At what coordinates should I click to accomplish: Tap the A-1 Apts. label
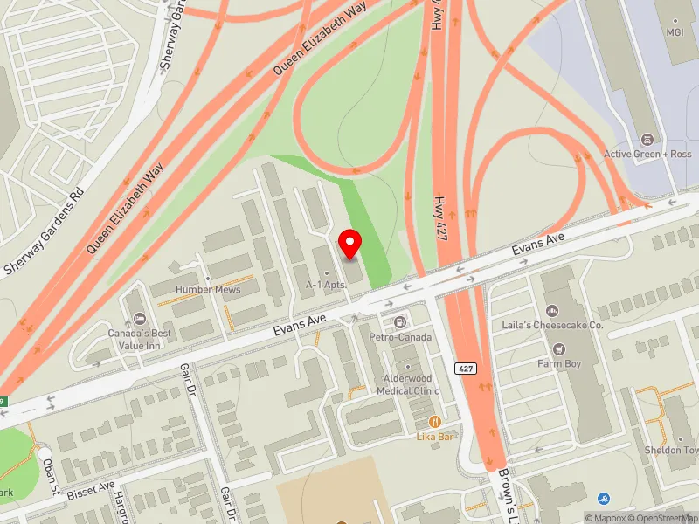coord(327,285)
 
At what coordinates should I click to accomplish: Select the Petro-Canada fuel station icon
coord(401,323)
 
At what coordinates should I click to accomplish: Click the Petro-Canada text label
coord(401,336)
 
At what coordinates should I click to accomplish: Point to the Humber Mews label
coord(208,289)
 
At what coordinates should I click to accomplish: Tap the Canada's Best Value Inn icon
coord(139,318)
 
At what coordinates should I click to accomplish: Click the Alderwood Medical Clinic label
coord(407,385)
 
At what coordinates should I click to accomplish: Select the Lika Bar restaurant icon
coord(436,421)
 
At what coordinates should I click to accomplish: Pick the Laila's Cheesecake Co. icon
coord(552,311)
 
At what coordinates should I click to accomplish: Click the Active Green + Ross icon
coord(647,140)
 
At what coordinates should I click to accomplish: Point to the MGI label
coord(674,32)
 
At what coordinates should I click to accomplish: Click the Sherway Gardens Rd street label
coord(43,229)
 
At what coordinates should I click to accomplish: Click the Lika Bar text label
coord(436,436)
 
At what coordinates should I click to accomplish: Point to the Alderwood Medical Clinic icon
coord(407,366)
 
